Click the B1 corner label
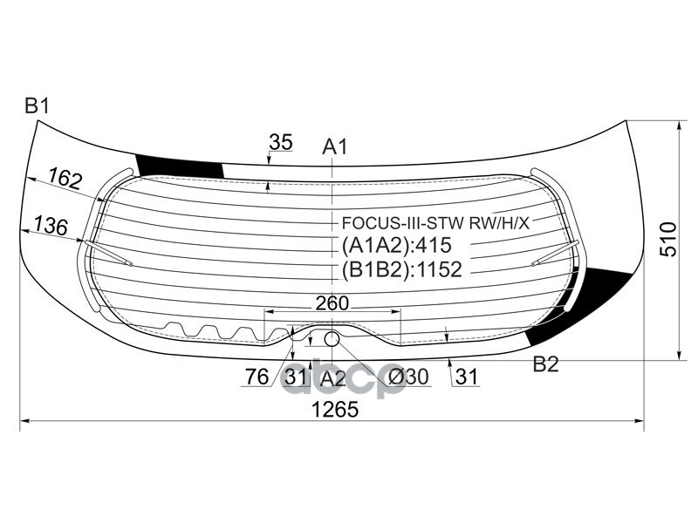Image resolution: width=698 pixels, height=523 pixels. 37,106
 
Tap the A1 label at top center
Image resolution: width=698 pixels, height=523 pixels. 335,147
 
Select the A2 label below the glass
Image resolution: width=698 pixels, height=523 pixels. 332,378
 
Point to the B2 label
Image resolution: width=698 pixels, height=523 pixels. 545,364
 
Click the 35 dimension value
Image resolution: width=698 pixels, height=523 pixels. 280,142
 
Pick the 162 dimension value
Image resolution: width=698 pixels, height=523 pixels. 65,180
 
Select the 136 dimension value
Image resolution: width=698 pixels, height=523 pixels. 51,227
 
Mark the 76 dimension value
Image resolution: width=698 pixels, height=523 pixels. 257,377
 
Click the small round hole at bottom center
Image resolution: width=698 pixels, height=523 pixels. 332,338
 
